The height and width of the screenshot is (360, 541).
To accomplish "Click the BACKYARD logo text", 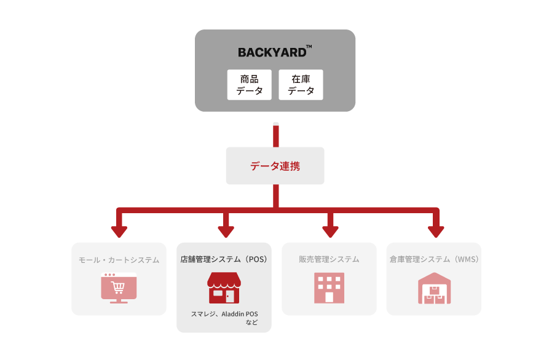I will tap(272, 52).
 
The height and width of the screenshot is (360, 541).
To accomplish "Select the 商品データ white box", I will tap(249, 85).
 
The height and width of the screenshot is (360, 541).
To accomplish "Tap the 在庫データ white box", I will tap(301, 85).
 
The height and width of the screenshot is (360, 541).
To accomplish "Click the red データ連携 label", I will tap(275, 166).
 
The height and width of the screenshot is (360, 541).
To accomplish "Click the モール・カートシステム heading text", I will tap(119, 260).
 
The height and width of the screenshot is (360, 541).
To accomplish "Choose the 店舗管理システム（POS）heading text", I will tap(224, 259).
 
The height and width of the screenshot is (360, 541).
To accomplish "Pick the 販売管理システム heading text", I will tap(329, 259).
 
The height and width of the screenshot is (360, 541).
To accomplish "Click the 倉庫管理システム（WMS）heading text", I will tap(434, 259).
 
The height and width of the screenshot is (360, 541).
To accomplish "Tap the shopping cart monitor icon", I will tap(119, 288).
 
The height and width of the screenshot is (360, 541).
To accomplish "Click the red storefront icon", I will tap(224, 288).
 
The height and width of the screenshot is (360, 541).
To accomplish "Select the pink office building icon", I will tap(329, 288).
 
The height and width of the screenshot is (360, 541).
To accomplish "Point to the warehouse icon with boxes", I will tap(434, 288).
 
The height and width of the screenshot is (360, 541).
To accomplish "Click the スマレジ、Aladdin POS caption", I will tap(224, 314).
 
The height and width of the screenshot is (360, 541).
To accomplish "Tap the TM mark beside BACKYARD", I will tap(309, 47).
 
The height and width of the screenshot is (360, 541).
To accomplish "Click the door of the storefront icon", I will tap(230, 296).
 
